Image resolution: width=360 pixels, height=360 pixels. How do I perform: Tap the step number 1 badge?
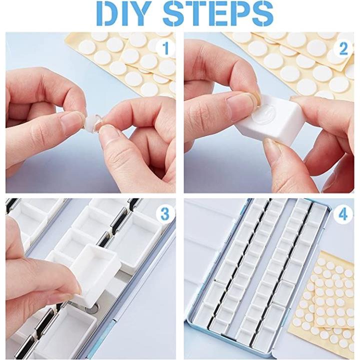(x=165, y=48)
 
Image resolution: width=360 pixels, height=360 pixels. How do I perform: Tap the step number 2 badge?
(x=343, y=48)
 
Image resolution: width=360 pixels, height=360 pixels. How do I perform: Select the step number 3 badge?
(x=165, y=214)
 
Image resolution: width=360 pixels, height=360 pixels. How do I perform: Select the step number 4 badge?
(x=343, y=214)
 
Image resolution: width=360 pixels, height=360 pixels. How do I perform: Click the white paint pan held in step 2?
(x=271, y=121)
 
